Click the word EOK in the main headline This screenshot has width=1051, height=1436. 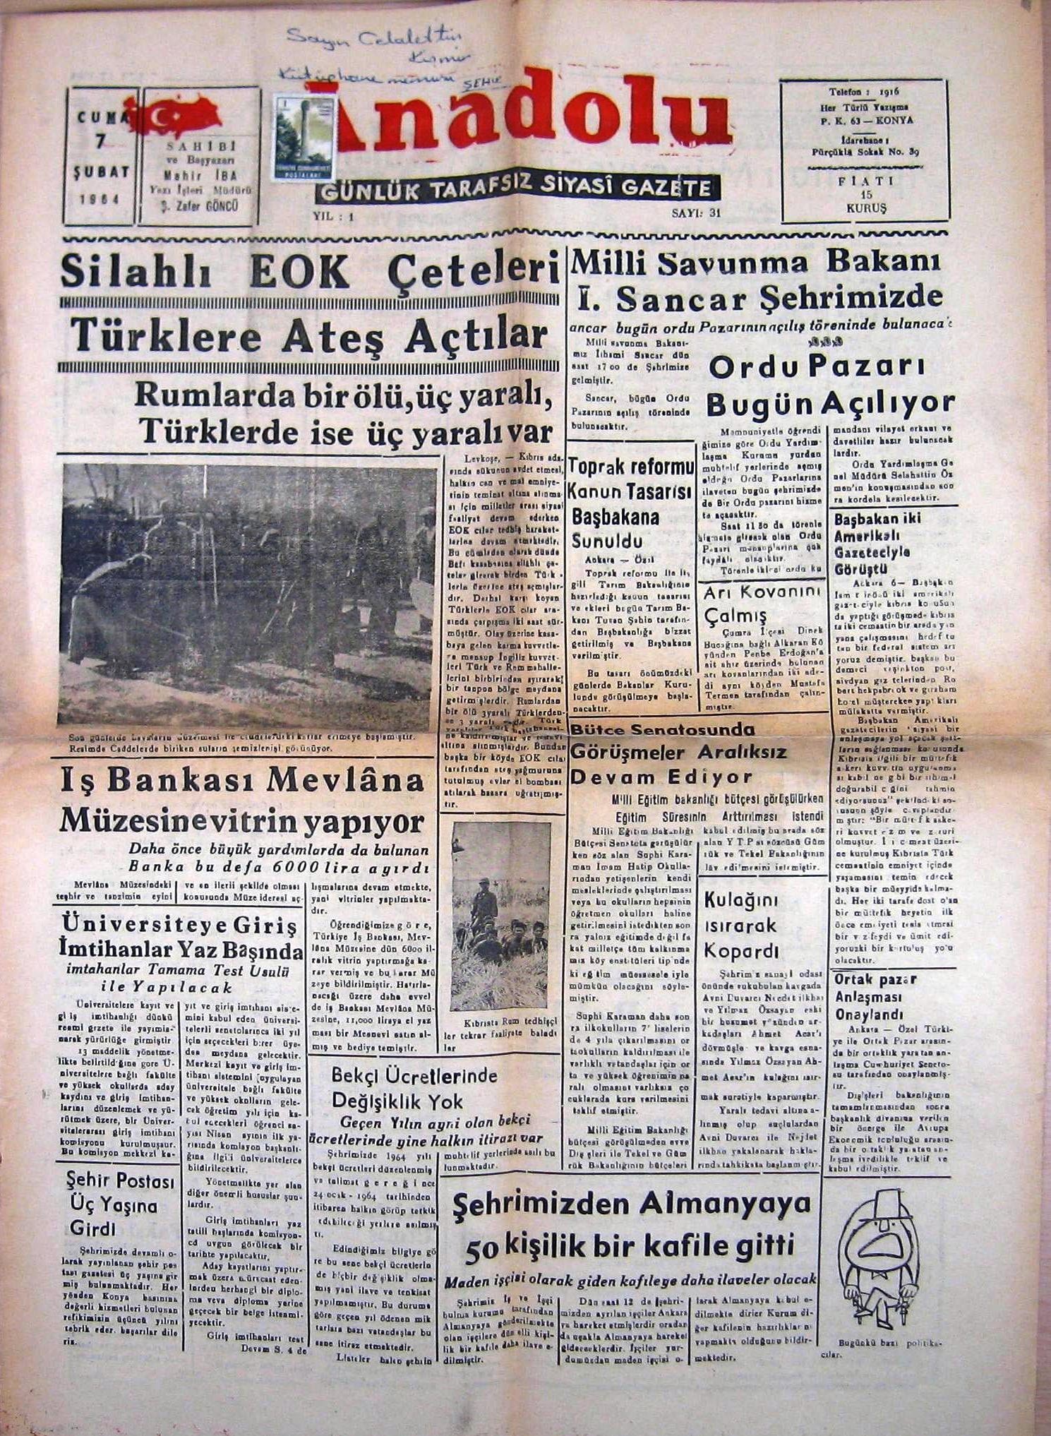coord(299,270)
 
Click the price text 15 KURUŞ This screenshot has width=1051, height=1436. coord(864,203)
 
